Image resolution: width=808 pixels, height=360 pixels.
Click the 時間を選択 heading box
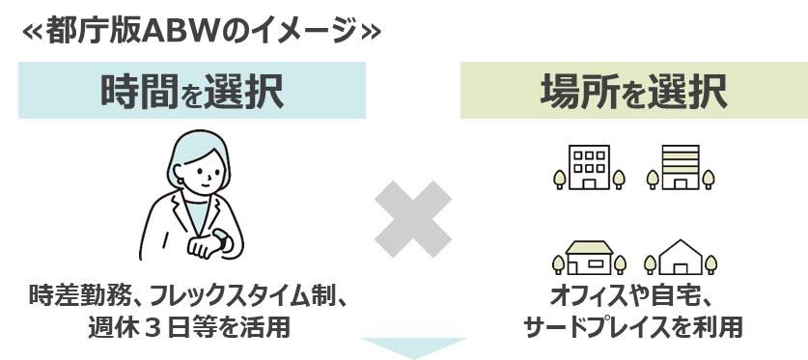tap(191, 91)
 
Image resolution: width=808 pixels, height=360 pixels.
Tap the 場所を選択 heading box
tap(632, 91)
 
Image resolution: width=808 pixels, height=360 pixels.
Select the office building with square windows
tap(587, 167)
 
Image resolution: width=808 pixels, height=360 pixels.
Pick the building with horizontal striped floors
tap(680, 167)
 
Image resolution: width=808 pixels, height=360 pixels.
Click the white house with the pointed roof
tap(680, 258)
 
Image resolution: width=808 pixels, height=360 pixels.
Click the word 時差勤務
tap(78, 294)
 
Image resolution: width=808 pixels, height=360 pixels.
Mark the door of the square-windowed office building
tap(587, 182)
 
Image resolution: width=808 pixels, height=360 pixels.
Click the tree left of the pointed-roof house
tap(650, 263)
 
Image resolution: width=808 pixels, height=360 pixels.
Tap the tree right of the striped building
tap(711, 177)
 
